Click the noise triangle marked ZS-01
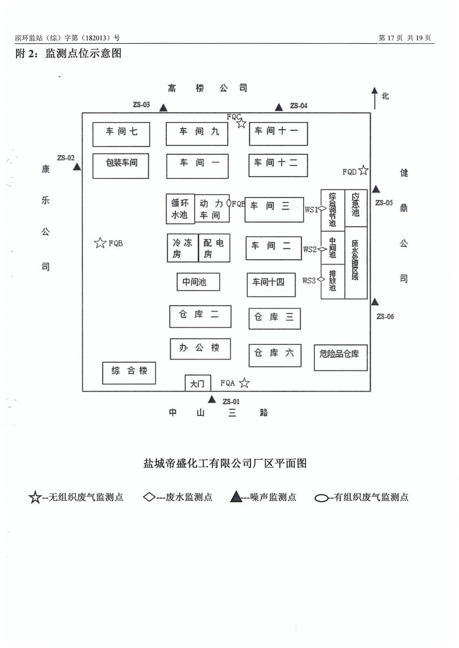tap(212, 400)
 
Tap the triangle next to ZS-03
tap(164, 108)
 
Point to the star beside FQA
tap(245, 383)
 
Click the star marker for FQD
tap(363, 171)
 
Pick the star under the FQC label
tap(241, 124)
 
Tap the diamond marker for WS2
tap(322, 249)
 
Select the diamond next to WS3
tap(321, 280)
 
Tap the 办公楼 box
tap(200, 348)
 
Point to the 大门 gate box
tap(198, 383)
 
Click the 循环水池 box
tap(180, 208)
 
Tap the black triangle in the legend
tap(235, 497)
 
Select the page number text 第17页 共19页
tap(405, 38)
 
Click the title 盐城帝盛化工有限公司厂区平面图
tap(225, 463)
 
